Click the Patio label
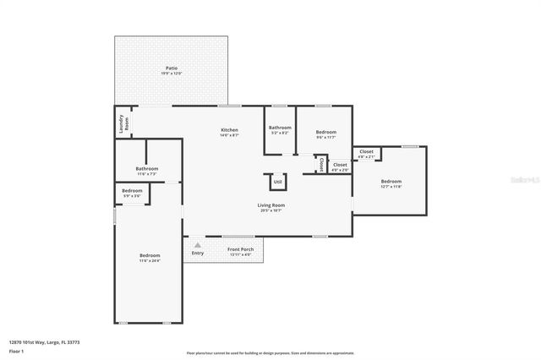[172, 68]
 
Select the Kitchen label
[229, 130]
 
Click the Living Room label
[270, 205]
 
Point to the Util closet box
[277, 181]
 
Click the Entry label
[198, 253]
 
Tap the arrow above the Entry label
[198, 245]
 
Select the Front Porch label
[240, 249]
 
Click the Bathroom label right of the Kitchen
[280, 127]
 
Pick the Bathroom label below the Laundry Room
[146, 168]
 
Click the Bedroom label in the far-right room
[391, 181]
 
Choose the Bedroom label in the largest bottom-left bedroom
[150, 255]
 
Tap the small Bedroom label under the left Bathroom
[132, 190]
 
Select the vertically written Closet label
[321, 164]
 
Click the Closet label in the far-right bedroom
[366, 151]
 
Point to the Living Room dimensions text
[270, 210]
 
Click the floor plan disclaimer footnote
[270, 352]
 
